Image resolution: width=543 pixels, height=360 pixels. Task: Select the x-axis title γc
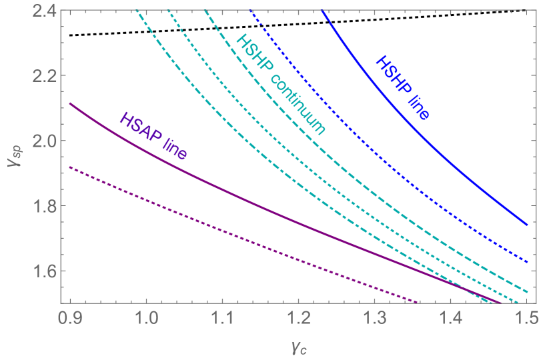pyautogui.click(x=298, y=346)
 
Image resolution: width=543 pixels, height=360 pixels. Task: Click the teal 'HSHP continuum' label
pyautogui.click(x=282, y=83)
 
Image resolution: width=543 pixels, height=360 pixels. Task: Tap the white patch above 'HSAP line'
pyautogui.click(x=138, y=113)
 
